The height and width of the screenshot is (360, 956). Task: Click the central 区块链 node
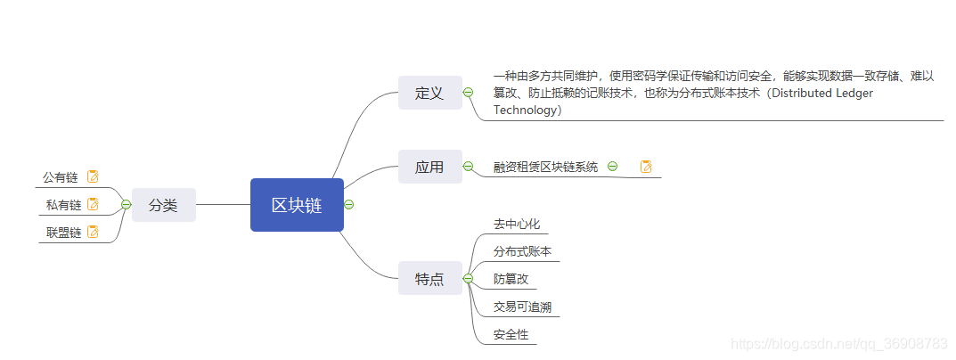click(297, 205)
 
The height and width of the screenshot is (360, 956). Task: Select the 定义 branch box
click(429, 93)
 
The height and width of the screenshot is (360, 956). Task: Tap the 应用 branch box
click(429, 167)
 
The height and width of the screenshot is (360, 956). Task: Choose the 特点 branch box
click(429, 279)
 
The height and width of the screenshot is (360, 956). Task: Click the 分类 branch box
click(163, 205)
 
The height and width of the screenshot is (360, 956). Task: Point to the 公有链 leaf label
click(61, 177)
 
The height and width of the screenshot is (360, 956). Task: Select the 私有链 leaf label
click(63, 205)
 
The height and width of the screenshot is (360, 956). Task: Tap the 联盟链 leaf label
click(63, 233)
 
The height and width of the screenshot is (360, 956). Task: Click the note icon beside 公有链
click(93, 176)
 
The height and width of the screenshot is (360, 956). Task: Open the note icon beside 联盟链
click(93, 233)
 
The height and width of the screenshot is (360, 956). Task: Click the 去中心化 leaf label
click(517, 224)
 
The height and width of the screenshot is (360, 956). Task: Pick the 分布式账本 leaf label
click(522, 251)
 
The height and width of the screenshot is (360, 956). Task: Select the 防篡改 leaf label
click(511, 279)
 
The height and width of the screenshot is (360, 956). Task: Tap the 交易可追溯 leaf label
click(522, 307)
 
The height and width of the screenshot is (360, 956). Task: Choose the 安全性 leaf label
click(511, 335)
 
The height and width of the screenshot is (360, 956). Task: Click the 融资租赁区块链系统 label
click(545, 167)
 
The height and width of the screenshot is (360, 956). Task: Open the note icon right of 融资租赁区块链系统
click(646, 166)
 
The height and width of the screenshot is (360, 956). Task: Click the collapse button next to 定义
click(468, 93)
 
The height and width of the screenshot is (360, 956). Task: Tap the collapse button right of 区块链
click(349, 205)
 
